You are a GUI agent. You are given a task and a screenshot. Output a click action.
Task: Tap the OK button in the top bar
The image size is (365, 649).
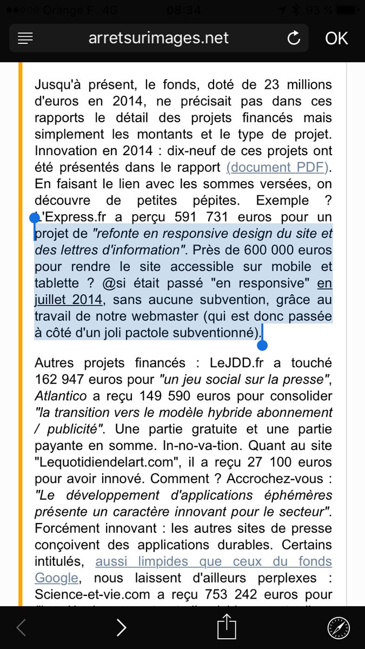(x=336, y=38)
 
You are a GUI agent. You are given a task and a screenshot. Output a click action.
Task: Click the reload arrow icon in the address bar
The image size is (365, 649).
(x=294, y=38)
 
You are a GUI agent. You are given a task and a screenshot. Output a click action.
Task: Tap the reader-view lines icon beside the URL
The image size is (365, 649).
(x=25, y=38)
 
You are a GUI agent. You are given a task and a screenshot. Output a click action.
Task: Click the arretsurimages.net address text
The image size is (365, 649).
(x=158, y=38)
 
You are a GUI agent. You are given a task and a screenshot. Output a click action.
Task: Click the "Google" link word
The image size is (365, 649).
(x=57, y=578)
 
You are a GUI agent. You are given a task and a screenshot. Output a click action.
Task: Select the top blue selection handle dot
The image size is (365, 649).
(x=35, y=218)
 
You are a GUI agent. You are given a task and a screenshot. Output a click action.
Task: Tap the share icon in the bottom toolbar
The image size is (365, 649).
(x=227, y=627)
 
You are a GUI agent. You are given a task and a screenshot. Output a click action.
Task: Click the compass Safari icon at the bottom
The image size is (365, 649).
(x=339, y=627)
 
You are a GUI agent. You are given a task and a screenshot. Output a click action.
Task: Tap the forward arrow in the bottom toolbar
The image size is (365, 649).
(x=122, y=627)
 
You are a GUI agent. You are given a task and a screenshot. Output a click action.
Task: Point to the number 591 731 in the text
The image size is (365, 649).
(x=205, y=217)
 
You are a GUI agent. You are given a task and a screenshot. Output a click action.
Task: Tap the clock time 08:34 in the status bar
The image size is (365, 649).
(x=184, y=10)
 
